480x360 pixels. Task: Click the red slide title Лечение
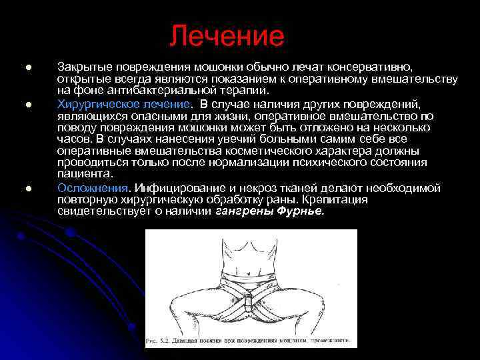point(226,36)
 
